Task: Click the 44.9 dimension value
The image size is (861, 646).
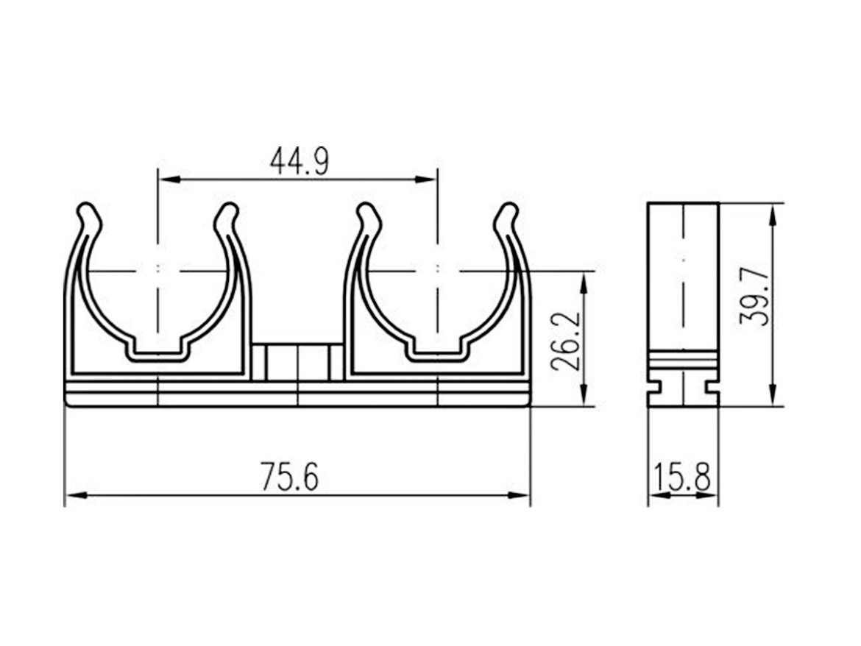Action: pos(300,161)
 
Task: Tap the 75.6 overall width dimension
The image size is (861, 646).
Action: pos(288,476)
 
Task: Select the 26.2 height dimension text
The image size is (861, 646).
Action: pos(565,341)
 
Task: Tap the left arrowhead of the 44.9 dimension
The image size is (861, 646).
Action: pos(169,179)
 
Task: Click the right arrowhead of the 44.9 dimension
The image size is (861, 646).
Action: pos(426,179)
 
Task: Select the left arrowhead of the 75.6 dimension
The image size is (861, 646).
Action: pos(77,495)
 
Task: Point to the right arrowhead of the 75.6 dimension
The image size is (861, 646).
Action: pos(519,495)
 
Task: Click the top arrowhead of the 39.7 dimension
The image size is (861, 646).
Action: pos(773,215)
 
